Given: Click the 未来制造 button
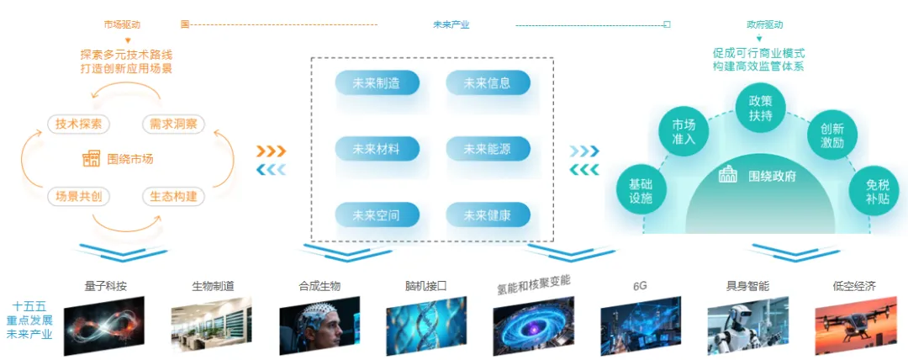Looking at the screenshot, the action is [x=377, y=83].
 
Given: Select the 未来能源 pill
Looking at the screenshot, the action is [x=488, y=149].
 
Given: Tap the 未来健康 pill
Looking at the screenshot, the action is [x=488, y=215].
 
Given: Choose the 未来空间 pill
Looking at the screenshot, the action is [x=377, y=215].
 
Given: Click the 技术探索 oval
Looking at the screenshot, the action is [x=79, y=124].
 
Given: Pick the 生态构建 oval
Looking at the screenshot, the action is [x=174, y=196].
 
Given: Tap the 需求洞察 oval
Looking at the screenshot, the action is [x=173, y=124].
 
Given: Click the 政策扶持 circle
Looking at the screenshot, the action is [x=760, y=108].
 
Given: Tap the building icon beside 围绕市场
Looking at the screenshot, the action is [x=91, y=158].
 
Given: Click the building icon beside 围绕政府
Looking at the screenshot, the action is [x=728, y=175].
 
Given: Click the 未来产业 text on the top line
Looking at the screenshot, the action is [x=451, y=24].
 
